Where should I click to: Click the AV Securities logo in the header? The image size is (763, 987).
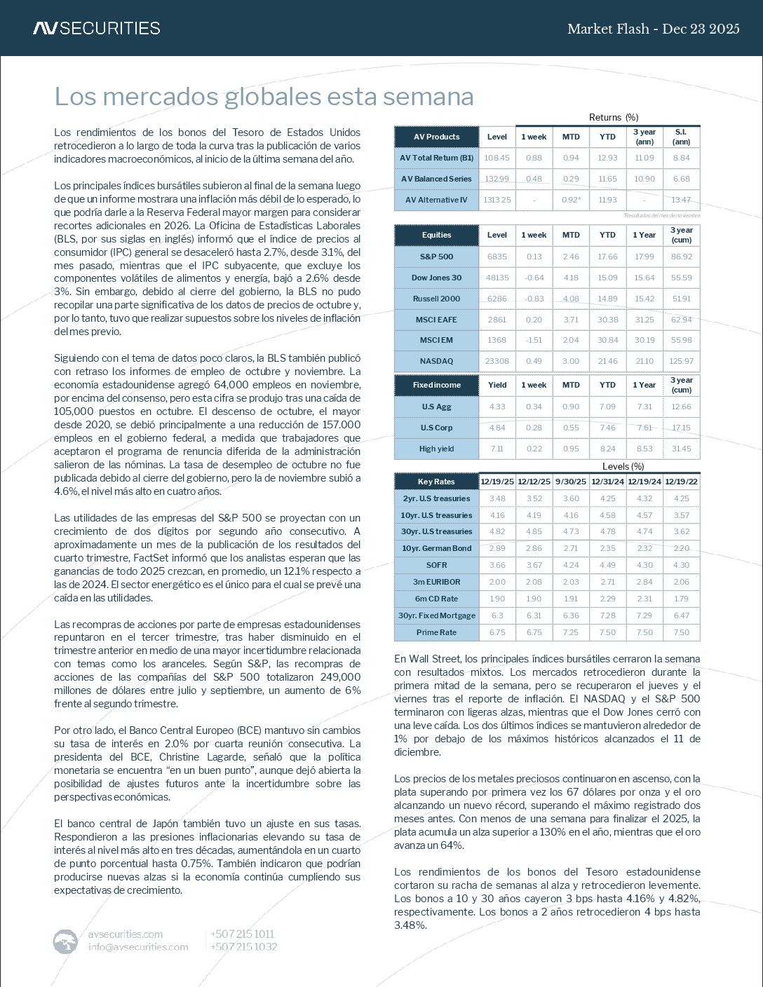point(96,28)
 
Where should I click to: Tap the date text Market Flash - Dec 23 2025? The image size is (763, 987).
point(653,29)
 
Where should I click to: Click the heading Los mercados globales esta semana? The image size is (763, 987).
point(264,97)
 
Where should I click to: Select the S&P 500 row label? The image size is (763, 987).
point(436,257)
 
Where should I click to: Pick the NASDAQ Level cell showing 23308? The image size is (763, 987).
point(497,361)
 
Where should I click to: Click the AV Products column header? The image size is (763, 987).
point(436,137)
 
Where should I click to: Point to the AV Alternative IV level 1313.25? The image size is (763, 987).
point(497,200)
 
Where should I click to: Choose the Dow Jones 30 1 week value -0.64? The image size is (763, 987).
point(534,278)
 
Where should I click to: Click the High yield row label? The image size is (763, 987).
point(436,449)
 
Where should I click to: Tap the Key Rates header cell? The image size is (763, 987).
point(436,482)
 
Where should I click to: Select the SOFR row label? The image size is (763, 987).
point(436,565)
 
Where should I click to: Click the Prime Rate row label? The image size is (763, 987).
point(436,632)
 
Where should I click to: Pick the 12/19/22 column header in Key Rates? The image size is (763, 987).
point(681,482)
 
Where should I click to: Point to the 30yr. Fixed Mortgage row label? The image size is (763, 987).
point(436,615)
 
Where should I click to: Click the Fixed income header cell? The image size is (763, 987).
point(436,385)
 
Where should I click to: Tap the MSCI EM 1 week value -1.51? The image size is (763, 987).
point(534,340)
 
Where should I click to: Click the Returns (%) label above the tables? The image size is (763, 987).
point(613,117)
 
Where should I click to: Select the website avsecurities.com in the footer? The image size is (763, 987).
point(126,934)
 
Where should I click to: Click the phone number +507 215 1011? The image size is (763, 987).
point(242,934)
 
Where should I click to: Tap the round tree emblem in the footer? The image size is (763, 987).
point(65,941)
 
